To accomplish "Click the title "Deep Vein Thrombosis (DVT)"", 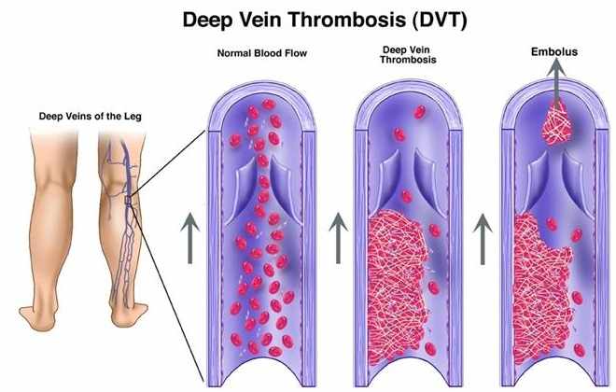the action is coord(325,20).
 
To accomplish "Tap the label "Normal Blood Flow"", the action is coord(262,53).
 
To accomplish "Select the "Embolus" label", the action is coord(554,52).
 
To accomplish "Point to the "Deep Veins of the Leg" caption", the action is coord(90,117).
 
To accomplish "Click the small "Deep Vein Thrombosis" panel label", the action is coord(408,55).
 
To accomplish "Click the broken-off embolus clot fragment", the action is coord(556,123).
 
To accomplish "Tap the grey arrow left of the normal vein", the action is coord(190,238).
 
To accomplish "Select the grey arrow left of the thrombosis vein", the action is coord(338,238).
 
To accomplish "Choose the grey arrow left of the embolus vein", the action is coord(483,239).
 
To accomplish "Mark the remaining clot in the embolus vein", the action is coord(540,290).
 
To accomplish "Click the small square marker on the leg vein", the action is coord(128,200).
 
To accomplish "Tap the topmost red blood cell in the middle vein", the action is coord(420,112).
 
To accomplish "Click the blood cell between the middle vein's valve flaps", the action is coord(407,196).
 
